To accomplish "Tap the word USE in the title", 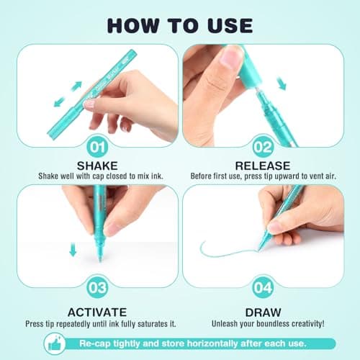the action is coord(230,25).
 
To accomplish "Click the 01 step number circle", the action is coord(97,147).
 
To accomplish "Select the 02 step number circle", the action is coord(263,147).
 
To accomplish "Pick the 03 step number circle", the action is coord(97,287).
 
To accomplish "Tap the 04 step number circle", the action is coord(263,287).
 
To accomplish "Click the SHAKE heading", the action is coord(97,166).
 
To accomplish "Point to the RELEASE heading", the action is coord(263,166).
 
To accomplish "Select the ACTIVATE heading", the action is coord(97,312).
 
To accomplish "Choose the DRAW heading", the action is coord(263,312).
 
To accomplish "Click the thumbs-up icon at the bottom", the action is coord(55,343).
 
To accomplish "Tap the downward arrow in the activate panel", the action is coord(73,249).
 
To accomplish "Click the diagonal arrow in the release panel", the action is coord(282,84).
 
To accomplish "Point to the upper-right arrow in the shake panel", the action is coord(76,86).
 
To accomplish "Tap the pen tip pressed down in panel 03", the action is coord(100,258).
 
